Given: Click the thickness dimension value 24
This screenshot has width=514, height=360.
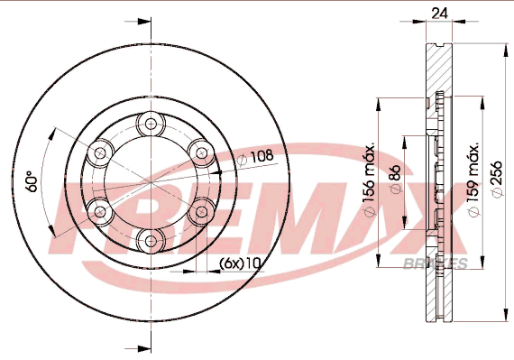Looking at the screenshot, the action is [439, 14].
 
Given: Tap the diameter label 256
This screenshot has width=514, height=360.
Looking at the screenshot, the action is [497, 179].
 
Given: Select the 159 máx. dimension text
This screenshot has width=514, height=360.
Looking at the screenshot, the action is [473, 180].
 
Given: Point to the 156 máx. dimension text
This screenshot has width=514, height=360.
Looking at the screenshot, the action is [370, 180].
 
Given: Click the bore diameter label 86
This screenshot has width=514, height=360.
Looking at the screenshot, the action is [396, 179].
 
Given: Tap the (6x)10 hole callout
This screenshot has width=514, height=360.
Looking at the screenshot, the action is [240, 263].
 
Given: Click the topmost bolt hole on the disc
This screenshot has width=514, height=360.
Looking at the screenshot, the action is [151, 124].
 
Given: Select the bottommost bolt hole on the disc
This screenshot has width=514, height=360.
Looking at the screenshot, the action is [151, 241].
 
